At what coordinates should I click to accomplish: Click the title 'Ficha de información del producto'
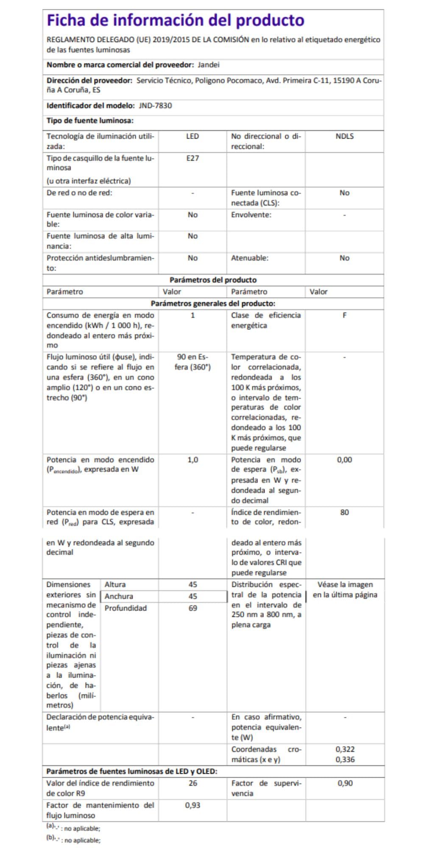175,20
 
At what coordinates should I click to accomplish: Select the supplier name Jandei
208,65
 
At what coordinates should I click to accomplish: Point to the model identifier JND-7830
155,106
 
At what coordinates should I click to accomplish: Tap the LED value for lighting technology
192,137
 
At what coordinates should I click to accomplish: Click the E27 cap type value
192,158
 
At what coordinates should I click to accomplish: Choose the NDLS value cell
344,137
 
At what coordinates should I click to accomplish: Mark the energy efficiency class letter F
344,315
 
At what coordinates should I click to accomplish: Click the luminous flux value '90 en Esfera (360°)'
192,362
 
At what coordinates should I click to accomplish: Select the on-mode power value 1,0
192,460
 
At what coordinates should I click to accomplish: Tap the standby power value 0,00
344,460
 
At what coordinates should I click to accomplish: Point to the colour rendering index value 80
344,512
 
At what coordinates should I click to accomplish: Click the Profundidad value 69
192,608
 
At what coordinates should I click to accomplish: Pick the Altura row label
115,585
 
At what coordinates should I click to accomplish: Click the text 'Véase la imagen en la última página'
345,590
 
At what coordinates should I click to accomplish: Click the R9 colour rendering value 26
192,783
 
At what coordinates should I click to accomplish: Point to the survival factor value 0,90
345,783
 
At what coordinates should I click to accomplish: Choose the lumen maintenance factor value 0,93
192,805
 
